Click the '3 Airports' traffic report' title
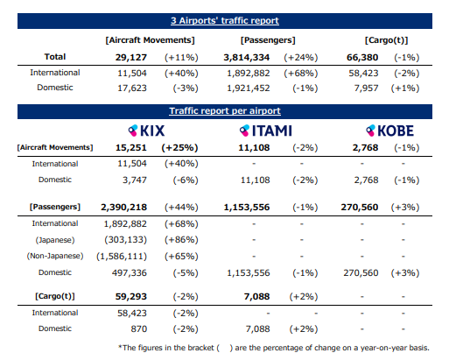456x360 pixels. coord(225,21)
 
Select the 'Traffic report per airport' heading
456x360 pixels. coord(225,111)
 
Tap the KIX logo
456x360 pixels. coord(146,131)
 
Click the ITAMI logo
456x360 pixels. coord(265,131)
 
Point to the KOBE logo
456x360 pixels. coord(389,131)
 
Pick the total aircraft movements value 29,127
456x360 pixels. coord(131,57)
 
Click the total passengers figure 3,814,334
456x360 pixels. coord(247,57)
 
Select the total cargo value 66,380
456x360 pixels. coord(362,57)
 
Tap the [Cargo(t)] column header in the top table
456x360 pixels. coord(386,40)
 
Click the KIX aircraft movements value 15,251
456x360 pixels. coord(131,147)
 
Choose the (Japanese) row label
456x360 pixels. coord(55,240)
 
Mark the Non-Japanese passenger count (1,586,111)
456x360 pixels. coord(122,256)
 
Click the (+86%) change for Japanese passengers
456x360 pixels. coord(181,240)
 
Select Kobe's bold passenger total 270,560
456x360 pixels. coord(360,207)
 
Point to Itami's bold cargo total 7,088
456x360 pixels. coord(256,296)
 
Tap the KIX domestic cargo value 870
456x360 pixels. coord(139,328)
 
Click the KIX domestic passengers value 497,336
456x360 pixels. coord(130,272)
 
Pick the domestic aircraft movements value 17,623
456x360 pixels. coord(132,88)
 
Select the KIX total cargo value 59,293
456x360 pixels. coord(131,296)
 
